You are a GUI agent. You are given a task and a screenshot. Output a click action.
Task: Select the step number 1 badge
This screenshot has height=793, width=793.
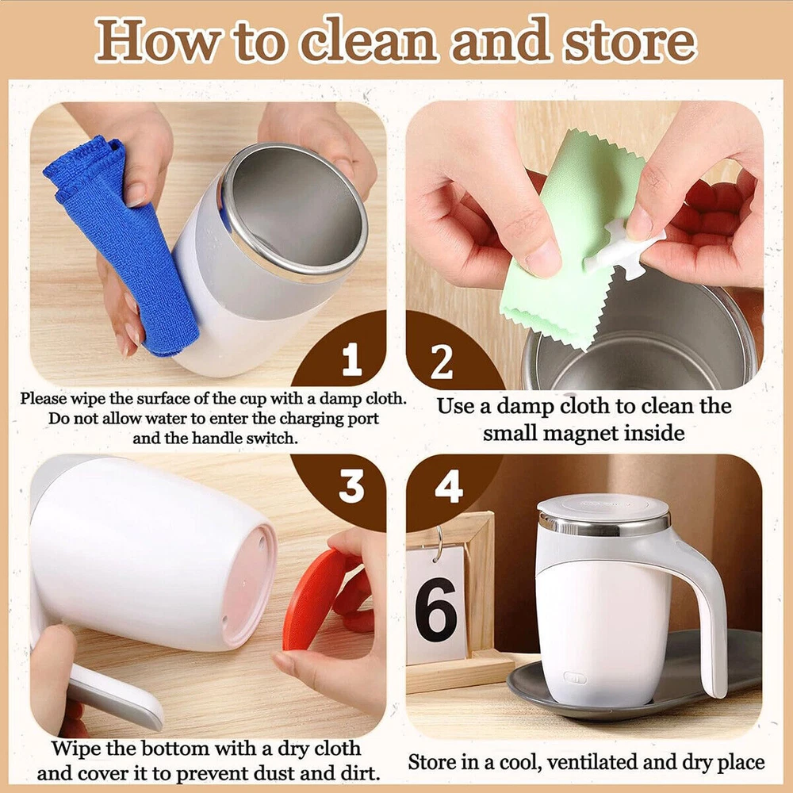click(x=351, y=359)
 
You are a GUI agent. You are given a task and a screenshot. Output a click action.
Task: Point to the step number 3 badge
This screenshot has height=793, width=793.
click(x=351, y=486)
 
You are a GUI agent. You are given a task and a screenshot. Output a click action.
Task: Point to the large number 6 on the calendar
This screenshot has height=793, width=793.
click(x=436, y=609)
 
